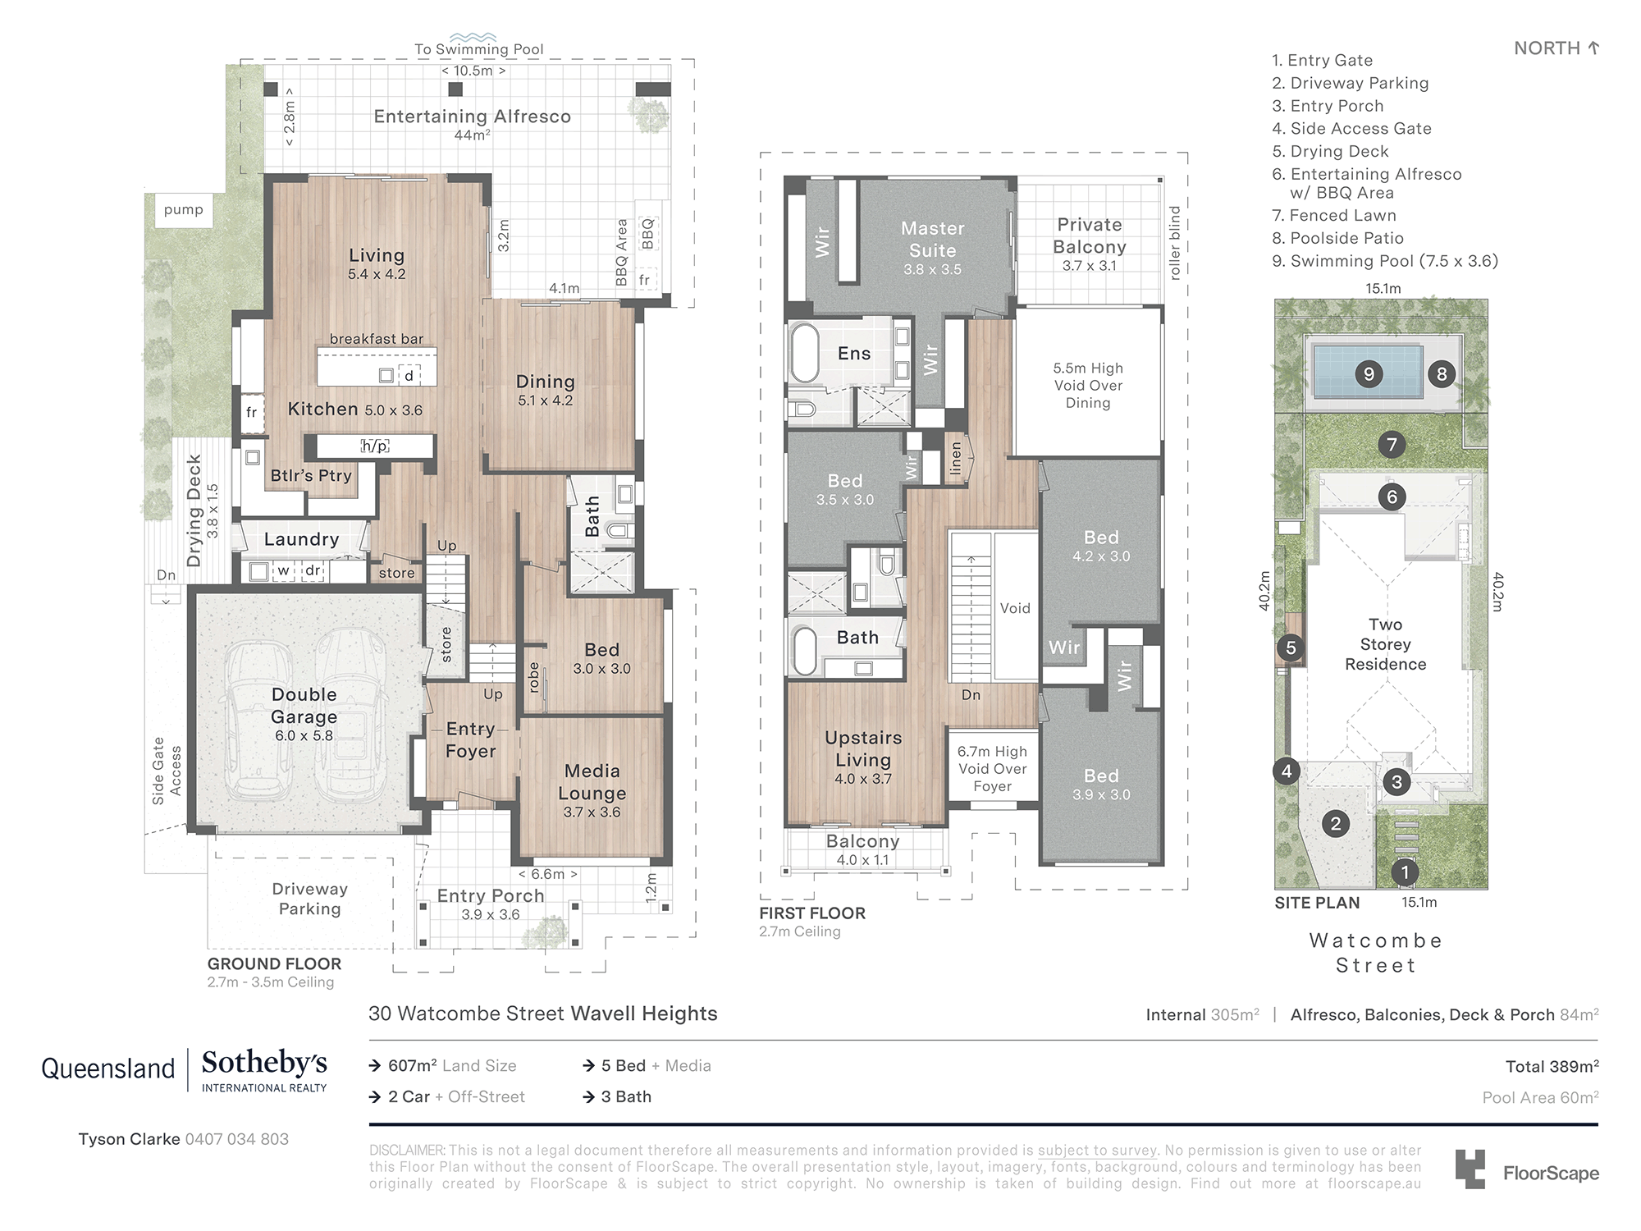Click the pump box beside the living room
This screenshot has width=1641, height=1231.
click(x=184, y=210)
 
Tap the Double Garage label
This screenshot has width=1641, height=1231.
click(x=304, y=706)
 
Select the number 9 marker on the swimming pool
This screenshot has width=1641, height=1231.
click(x=1369, y=374)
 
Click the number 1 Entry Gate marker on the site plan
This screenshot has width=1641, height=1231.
click(x=1405, y=872)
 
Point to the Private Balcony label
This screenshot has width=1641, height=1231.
click(x=1089, y=236)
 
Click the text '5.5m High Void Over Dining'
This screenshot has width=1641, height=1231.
click(x=1088, y=385)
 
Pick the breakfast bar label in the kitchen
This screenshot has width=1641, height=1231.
click(x=377, y=339)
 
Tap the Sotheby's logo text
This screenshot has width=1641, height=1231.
click(x=264, y=1064)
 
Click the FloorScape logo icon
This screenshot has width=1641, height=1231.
click(x=1470, y=1169)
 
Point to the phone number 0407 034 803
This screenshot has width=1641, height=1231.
click(x=236, y=1139)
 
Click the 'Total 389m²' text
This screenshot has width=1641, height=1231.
click(x=1551, y=1066)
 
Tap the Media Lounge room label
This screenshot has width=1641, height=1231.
click(x=592, y=782)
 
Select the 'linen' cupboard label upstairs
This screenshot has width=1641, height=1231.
click(x=955, y=459)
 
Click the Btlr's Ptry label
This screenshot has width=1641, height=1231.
click(x=311, y=475)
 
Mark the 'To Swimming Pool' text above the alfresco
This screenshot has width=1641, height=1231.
click(x=478, y=49)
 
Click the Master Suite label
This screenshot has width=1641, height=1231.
click(x=932, y=240)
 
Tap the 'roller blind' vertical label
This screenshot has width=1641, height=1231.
click(x=1174, y=243)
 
